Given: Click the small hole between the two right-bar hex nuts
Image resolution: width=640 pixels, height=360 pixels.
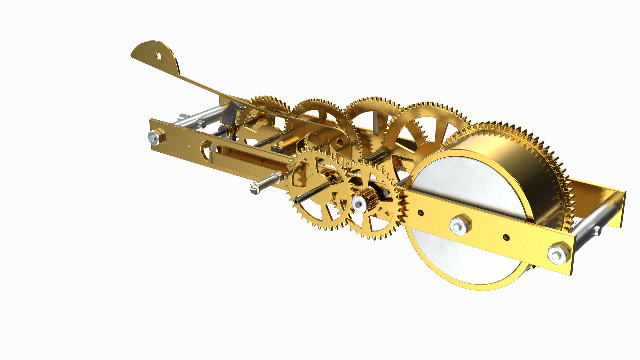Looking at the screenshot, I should pos(506,237).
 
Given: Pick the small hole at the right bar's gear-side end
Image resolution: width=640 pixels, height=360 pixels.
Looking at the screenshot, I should pos(422,212).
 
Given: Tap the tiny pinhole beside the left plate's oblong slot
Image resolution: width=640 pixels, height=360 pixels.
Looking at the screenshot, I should pos(189,145).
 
